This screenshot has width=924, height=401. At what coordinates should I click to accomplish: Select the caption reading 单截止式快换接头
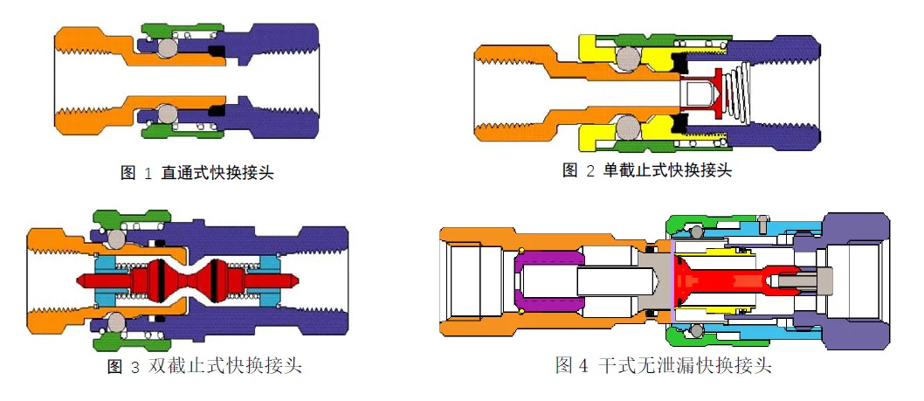pyautogui.click(x=647, y=169)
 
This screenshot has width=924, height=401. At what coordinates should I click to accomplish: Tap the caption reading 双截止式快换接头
pyautogui.click(x=204, y=366)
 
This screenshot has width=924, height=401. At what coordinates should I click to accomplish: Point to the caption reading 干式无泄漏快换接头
pyautogui.click(x=664, y=365)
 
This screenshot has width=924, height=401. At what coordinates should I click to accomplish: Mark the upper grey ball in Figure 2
pyautogui.click(x=627, y=58)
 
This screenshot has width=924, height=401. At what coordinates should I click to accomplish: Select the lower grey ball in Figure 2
pyautogui.click(x=627, y=128)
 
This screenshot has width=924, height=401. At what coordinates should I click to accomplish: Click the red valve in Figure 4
pyautogui.click(x=716, y=280)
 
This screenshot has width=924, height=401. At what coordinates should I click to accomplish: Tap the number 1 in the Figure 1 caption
pyautogui.click(x=146, y=173)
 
